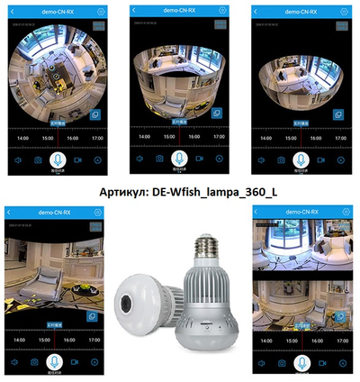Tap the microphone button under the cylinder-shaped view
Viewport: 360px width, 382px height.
coord(178,159)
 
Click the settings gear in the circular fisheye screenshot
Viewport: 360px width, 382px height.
coord(101,10)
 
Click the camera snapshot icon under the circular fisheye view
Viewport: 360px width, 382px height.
coord(38,159)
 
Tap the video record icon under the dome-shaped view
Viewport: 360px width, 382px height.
coord(320,159)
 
